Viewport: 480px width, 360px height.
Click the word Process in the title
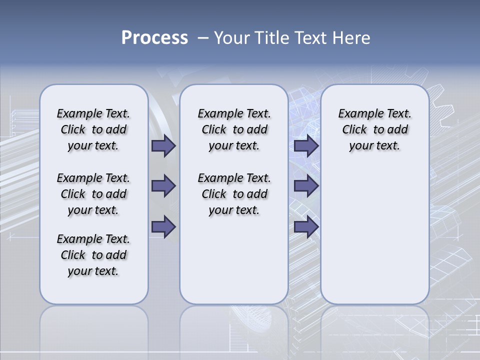coord(154,38)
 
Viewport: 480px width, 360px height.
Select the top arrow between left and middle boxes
coord(163,145)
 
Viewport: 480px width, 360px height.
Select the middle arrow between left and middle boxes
coord(163,186)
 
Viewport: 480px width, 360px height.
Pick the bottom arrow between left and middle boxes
coord(163,226)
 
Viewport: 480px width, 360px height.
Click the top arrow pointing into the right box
coord(306,145)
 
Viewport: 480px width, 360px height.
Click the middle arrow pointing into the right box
coord(306,186)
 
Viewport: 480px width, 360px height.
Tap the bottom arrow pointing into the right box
coord(306,226)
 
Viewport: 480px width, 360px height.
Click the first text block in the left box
coord(93,129)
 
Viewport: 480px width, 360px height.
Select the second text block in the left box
coord(93,194)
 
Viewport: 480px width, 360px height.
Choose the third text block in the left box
coord(93,255)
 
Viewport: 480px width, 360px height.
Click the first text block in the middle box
coord(234,129)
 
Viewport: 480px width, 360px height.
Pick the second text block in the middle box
coord(234,194)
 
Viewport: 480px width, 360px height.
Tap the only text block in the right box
coord(374,129)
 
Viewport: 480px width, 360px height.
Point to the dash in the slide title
coord(203,38)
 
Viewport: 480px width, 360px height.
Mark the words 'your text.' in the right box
coord(374,146)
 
